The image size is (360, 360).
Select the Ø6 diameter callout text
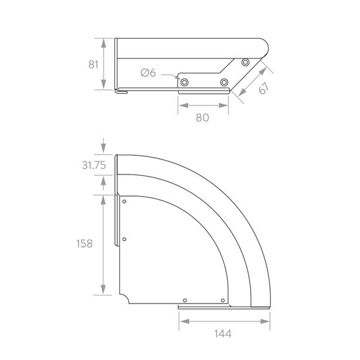[148, 74]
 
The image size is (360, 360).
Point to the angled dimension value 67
[263, 89]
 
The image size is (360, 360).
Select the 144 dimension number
[223, 334]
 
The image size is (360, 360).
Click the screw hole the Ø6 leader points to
[184, 81]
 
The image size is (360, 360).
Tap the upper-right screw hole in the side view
[246, 63]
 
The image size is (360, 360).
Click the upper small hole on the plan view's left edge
[125, 202]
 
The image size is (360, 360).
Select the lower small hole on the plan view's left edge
[125, 239]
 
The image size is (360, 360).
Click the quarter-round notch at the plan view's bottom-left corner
[125, 300]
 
